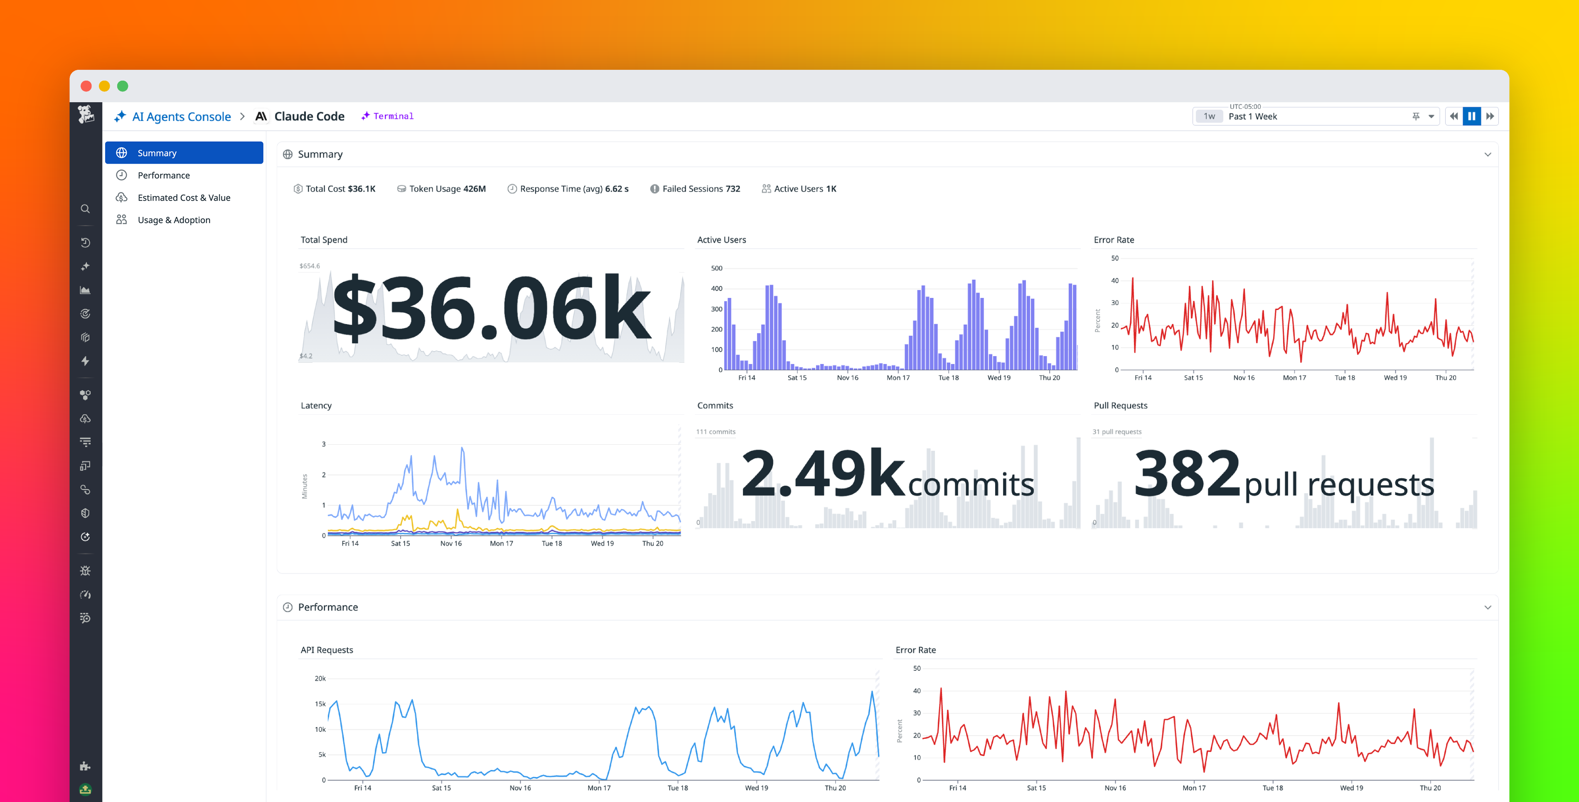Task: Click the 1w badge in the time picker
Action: coord(1209,116)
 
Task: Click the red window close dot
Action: coord(86,86)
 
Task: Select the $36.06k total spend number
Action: coord(490,308)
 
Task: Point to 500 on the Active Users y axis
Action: coord(716,268)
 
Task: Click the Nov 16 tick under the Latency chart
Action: coord(450,543)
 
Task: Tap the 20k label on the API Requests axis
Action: coord(320,678)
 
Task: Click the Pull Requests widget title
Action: coord(1120,405)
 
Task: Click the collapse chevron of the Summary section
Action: coord(1487,155)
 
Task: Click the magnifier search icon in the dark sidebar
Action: coord(85,209)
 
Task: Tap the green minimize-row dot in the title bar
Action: coord(123,86)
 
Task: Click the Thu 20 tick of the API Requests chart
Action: coord(834,788)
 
